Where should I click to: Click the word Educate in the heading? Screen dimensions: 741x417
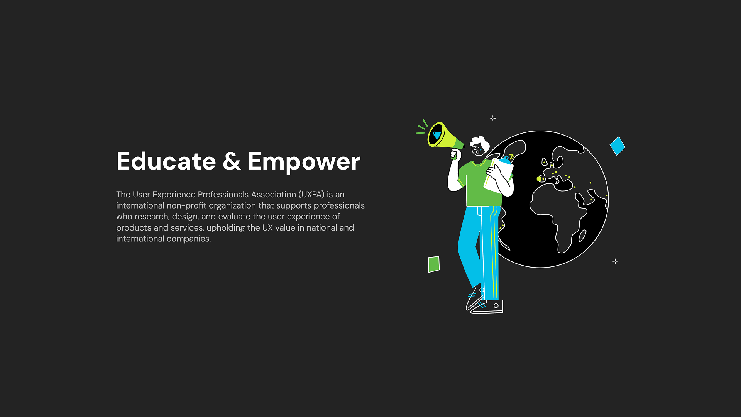166,161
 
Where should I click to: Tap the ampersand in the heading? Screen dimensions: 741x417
232,161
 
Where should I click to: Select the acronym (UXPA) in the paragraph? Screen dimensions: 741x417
311,195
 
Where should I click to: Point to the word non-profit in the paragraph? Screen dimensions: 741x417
187,205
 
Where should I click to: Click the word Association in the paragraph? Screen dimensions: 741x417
274,195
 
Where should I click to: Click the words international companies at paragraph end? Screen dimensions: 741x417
164,239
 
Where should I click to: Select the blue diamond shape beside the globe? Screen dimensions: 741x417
617,146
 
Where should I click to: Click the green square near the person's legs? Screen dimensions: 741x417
434,264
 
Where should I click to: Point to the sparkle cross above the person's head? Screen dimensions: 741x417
493,118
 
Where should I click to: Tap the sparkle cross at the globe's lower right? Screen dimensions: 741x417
615,261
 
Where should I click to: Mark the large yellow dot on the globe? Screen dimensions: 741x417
539,179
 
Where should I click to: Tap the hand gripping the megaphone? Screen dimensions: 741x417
456,154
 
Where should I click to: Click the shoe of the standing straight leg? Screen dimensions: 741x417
487,307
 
